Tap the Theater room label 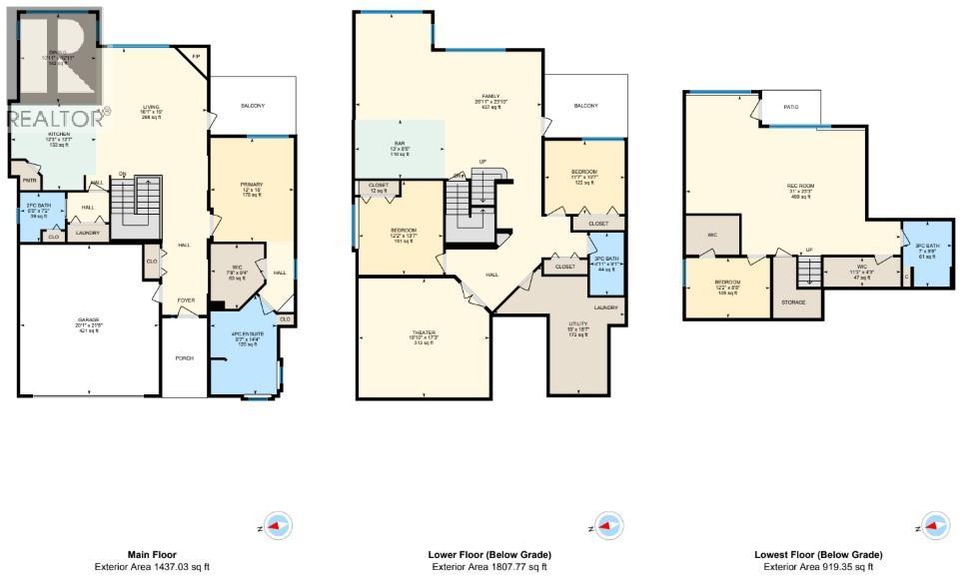click(x=424, y=332)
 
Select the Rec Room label click(x=799, y=186)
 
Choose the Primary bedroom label click(x=251, y=185)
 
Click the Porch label click(x=184, y=359)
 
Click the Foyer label click(x=187, y=299)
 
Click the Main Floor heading click(x=153, y=554)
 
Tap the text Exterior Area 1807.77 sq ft click(x=488, y=567)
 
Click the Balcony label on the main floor click(x=252, y=106)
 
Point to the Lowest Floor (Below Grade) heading click(x=818, y=554)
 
